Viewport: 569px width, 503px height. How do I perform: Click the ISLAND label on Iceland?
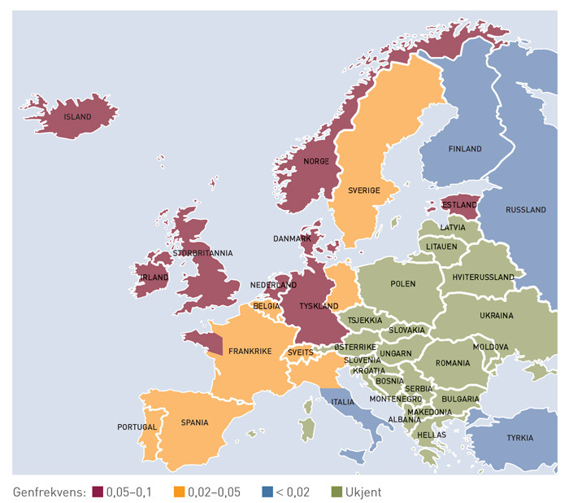click(x=78, y=117)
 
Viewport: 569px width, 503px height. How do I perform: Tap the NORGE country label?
click(x=316, y=161)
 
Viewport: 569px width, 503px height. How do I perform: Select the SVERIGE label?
click(x=364, y=190)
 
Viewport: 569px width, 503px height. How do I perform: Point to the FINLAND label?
click(x=464, y=149)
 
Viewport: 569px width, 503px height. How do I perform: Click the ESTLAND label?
click(x=458, y=207)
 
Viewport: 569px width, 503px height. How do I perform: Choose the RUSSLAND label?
click(x=526, y=210)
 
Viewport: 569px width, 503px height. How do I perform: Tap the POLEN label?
click(x=402, y=284)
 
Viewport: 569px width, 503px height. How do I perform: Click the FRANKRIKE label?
click(x=250, y=352)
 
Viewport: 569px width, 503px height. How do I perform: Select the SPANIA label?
click(x=195, y=422)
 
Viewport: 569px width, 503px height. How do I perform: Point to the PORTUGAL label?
click(x=137, y=426)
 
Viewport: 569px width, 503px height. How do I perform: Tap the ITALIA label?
click(x=341, y=402)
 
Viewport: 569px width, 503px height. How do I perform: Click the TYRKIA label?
click(x=520, y=438)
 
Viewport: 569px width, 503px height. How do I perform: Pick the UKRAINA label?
click(x=496, y=315)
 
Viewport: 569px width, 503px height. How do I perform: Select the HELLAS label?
click(x=432, y=435)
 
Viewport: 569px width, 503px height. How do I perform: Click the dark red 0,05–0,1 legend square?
click(x=98, y=492)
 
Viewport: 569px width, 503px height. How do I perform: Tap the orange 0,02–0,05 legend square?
click(x=180, y=492)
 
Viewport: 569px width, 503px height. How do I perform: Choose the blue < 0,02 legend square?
click(x=267, y=492)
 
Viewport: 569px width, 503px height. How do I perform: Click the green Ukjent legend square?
click(x=336, y=492)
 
